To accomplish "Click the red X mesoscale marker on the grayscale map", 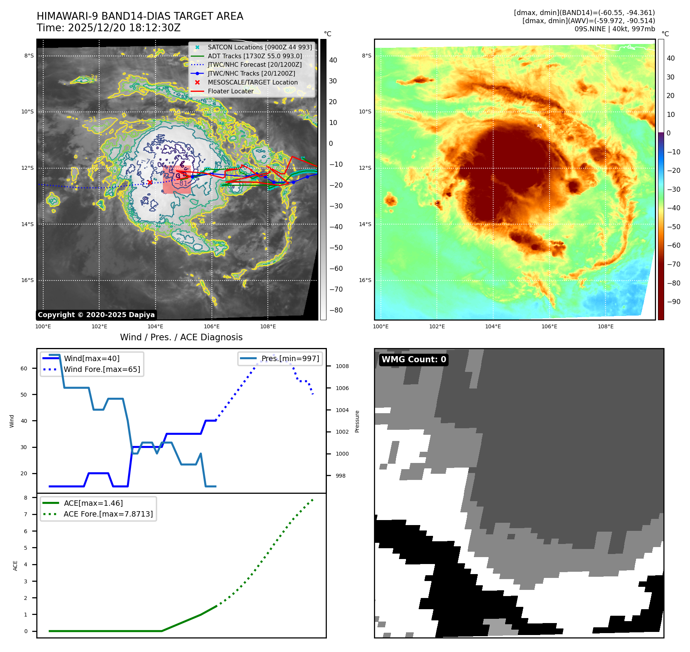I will pyautogui.click(x=150, y=182).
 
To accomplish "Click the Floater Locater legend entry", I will pyautogui.click(x=230, y=91).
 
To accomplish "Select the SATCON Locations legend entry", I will pyautogui.click(x=260, y=47).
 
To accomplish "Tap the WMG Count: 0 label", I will pyautogui.click(x=414, y=360).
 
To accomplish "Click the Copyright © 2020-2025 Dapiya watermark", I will pyautogui.click(x=96, y=315).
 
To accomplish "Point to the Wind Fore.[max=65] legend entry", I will pyautogui.click(x=102, y=369).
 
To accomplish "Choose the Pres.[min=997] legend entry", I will pyautogui.click(x=290, y=358).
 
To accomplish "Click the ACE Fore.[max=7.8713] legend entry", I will pyautogui.click(x=108, y=514).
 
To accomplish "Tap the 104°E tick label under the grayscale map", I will pyautogui.click(x=156, y=326).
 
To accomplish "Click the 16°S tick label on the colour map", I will pyautogui.click(x=365, y=280).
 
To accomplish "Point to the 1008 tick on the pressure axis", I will pyautogui.click(x=342, y=366).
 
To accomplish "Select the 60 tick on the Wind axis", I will pyautogui.click(x=24, y=368).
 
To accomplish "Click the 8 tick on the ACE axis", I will pyautogui.click(x=26, y=498).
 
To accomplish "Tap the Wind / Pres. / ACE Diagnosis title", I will pyautogui.click(x=181, y=337).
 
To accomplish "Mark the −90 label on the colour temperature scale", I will pyautogui.click(x=673, y=302).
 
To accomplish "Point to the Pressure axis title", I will pyautogui.click(x=357, y=421).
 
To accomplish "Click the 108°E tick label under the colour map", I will pyautogui.click(x=605, y=326).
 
